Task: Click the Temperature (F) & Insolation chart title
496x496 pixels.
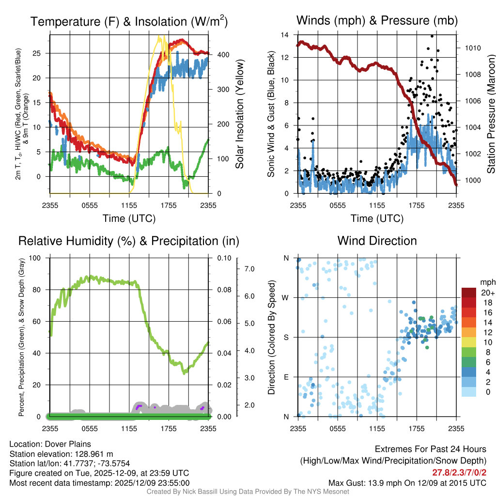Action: [129, 21]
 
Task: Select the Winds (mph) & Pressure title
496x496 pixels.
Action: [377, 20]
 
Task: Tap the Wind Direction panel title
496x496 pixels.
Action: [377, 241]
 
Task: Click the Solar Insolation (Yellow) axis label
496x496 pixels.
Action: [239, 114]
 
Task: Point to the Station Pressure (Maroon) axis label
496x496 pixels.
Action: [490, 114]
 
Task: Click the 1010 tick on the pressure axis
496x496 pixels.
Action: [472, 48]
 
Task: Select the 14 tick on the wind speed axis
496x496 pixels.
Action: [285, 35]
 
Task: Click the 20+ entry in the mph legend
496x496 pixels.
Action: [488, 293]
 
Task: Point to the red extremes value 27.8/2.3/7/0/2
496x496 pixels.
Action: [458, 472]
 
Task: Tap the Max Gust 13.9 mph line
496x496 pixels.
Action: [407, 483]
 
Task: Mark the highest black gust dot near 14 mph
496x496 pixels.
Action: [432, 36]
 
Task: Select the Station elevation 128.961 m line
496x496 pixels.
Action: [61, 454]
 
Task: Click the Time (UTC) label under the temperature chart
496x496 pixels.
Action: [129, 218]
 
